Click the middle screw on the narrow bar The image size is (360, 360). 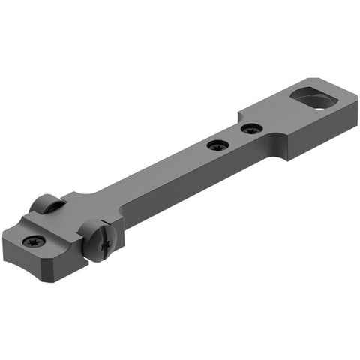(x=218, y=145)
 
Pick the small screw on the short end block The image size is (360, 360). (x=33, y=241)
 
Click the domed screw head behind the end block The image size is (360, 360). (x=46, y=204)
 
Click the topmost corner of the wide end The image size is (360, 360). (x=308, y=78)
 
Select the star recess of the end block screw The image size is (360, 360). (x=33, y=241)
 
